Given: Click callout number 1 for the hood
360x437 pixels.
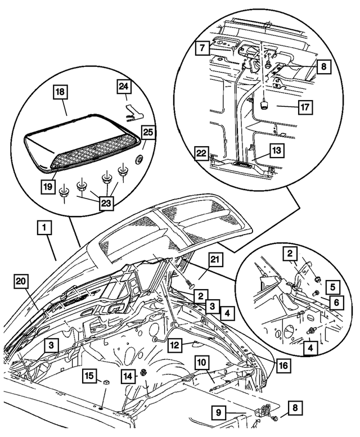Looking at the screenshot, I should pos(44,228).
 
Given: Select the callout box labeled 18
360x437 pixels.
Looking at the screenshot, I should pos(61,92).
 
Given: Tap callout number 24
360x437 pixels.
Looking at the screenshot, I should pos(124,87).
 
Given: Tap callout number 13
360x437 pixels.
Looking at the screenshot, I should pos(275,150).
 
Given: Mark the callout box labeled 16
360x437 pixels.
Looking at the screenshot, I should pos(283,365).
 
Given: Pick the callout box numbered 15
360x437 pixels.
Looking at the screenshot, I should pos(89,375).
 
